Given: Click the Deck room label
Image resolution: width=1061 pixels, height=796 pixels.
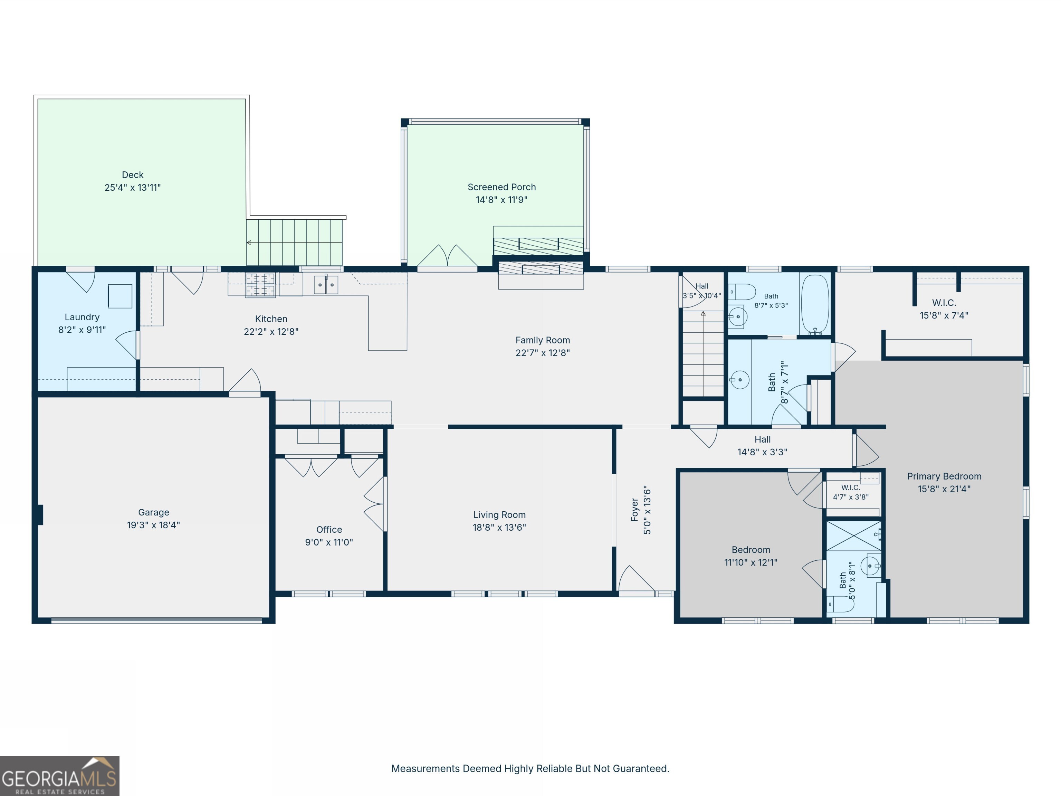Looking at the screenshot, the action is pyautogui.click(x=132, y=175).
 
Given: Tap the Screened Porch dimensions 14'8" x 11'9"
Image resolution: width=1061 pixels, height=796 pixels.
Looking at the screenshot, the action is pyautogui.click(x=502, y=200).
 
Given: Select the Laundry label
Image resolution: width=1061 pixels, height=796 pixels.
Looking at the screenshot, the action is pyautogui.click(x=82, y=317).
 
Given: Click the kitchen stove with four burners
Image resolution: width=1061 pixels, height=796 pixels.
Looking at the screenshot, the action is pyautogui.click(x=260, y=285).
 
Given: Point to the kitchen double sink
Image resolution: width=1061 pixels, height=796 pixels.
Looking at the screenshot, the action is pyautogui.click(x=326, y=285).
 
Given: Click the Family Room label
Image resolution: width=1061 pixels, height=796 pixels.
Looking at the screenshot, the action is pyautogui.click(x=543, y=340).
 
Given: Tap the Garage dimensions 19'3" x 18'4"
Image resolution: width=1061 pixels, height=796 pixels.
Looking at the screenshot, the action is pyautogui.click(x=153, y=525).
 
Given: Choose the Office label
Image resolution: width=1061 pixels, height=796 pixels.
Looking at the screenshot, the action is pyautogui.click(x=329, y=530).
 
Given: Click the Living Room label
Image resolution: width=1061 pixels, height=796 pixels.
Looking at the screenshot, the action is pyautogui.click(x=499, y=515).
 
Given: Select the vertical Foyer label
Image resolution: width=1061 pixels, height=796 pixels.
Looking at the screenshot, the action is pyautogui.click(x=634, y=510).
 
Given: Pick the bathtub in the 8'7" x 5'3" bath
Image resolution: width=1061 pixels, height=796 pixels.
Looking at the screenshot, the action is pyautogui.click(x=815, y=304).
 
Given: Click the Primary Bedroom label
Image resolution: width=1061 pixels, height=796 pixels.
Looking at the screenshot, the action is pyautogui.click(x=944, y=476).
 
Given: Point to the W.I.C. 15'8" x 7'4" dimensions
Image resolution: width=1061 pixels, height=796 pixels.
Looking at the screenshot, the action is pyautogui.click(x=944, y=315).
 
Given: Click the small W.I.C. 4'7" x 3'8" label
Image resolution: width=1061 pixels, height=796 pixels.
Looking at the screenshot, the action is pyautogui.click(x=850, y=487).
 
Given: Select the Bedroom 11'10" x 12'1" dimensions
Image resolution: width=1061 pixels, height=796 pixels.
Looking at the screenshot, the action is pyautogui.click(x=751, y=562).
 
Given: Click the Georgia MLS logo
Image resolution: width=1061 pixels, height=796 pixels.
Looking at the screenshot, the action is pyautogui.click(x=59, y=776).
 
